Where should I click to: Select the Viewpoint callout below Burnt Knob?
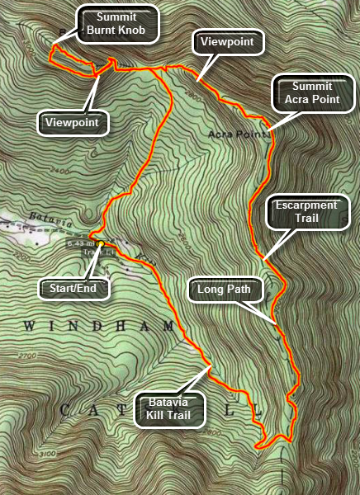coord(73,123)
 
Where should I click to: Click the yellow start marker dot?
coord(101,244)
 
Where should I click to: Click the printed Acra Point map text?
coord(239,134)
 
